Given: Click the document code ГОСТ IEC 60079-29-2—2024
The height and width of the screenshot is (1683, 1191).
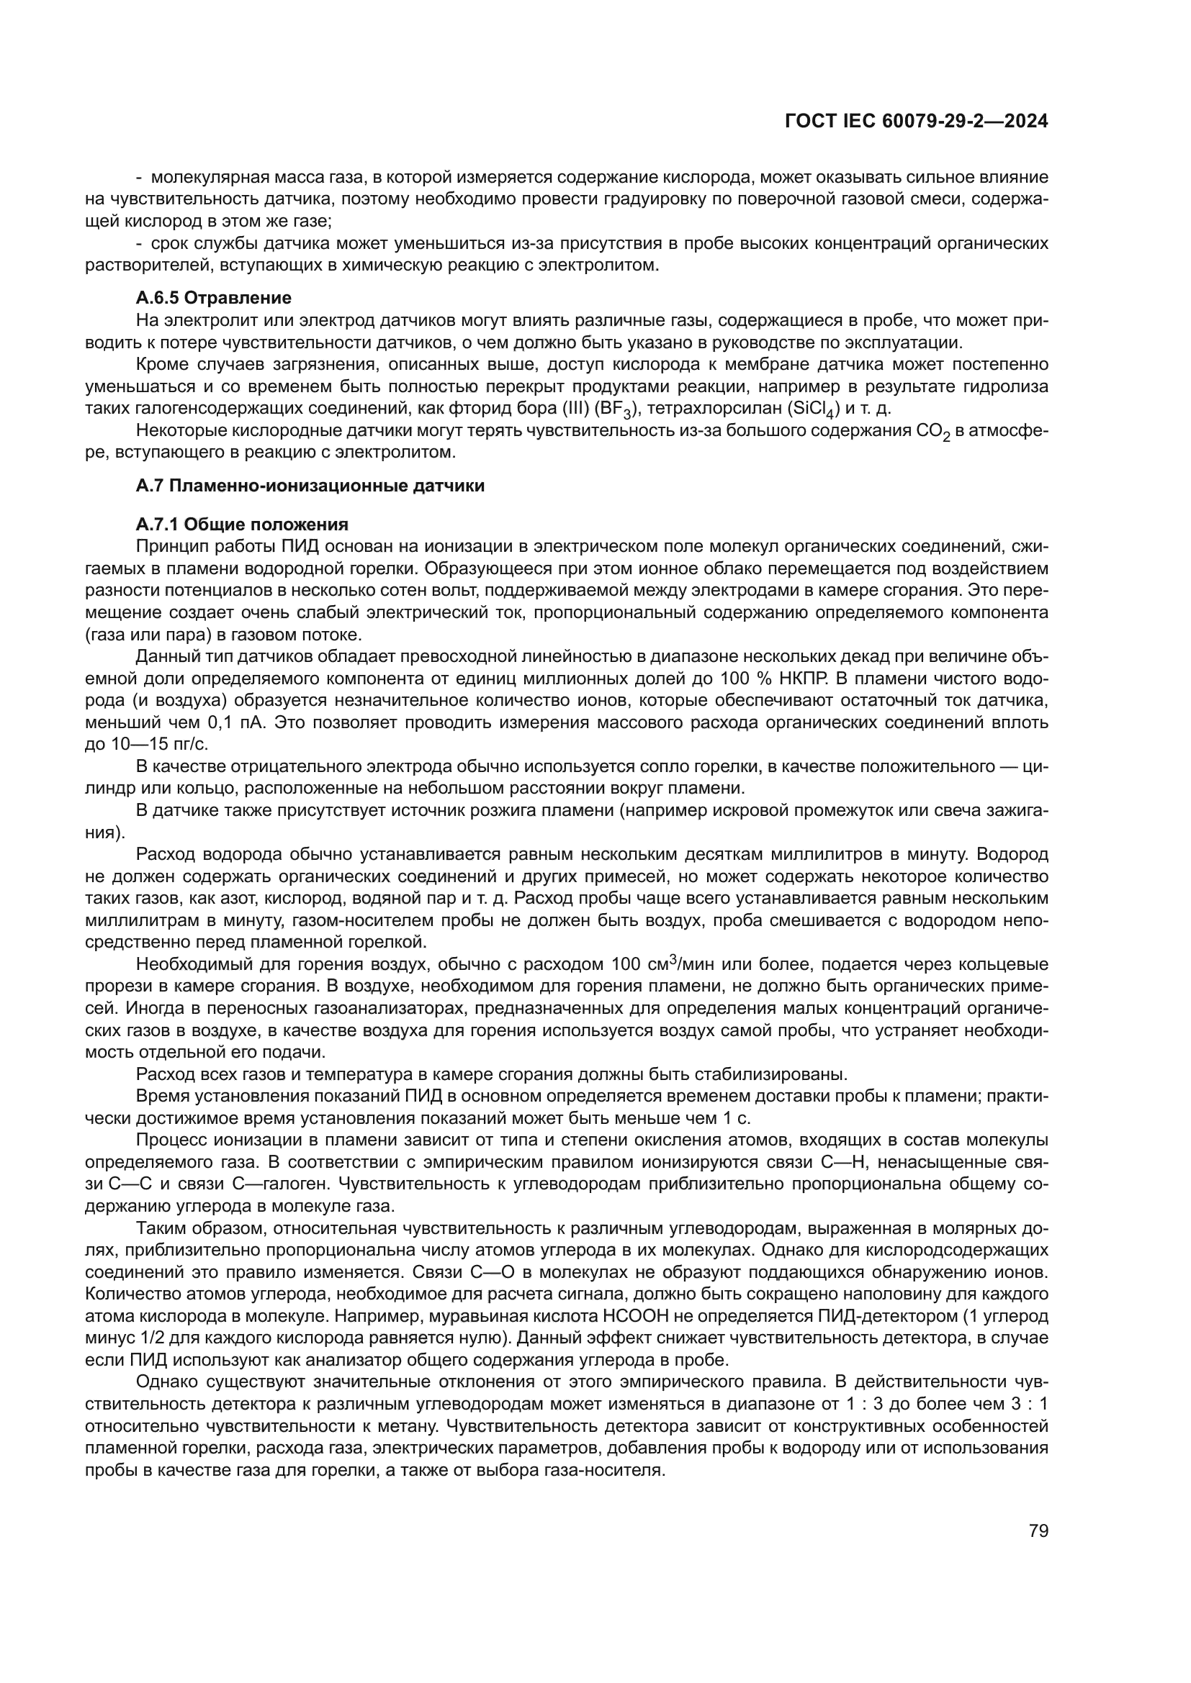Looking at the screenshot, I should click(916, 122).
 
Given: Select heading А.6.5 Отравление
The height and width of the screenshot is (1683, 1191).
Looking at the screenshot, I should click(213, 298).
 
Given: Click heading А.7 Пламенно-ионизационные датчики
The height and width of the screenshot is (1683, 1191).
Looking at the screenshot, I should click(310, 485).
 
